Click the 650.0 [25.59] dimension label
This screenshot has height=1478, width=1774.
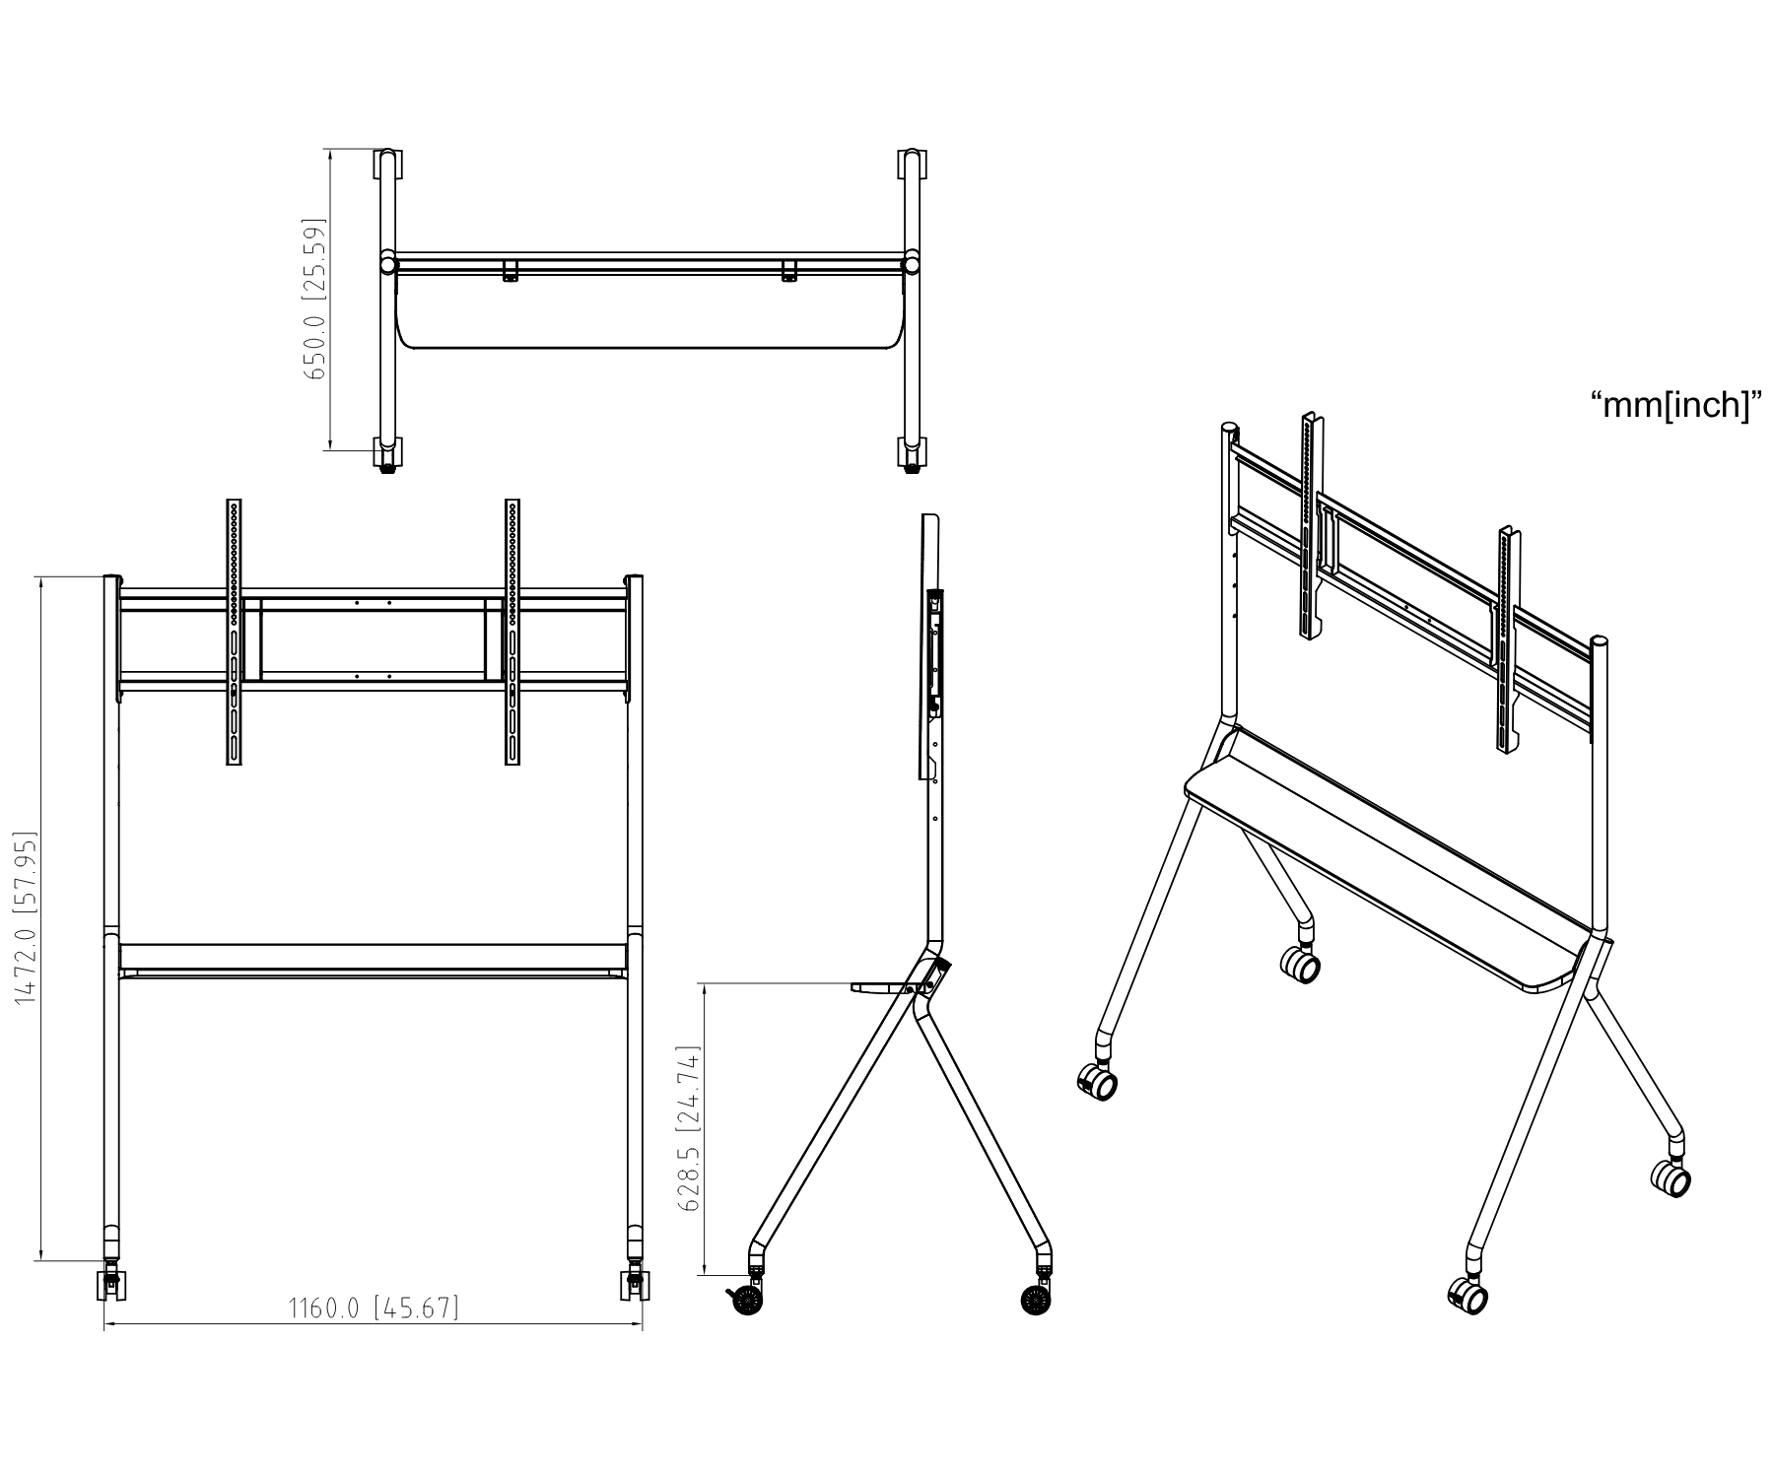tap(315, 300)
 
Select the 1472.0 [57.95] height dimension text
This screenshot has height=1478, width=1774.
tap(26, 919)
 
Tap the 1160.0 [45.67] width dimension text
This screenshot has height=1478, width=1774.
tap(374, 1308)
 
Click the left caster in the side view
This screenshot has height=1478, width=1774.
tap(746, 1298)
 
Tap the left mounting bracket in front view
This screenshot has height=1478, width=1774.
tap(235, 632)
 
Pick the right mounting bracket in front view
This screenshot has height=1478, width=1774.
tap(512, 632)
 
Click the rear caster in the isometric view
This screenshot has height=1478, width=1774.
tap(1300, 965)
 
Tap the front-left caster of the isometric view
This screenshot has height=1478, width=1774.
tap(1098, 1083)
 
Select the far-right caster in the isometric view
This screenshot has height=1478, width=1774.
tap(1671, 1177)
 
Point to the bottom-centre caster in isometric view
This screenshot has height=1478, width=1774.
tap(1467, 1296)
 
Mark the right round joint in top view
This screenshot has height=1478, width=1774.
tap(913, 263)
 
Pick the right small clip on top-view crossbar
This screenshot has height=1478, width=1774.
tap(788, 272)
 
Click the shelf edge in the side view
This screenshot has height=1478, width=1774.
tap(880, 986)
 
